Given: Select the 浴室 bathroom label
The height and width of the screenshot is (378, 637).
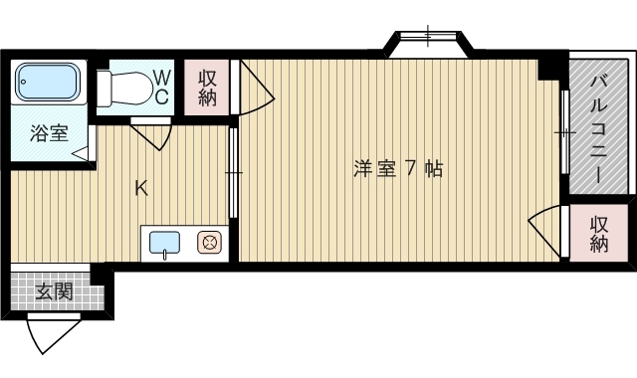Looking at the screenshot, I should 47,132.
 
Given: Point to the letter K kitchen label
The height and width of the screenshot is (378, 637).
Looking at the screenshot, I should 141,188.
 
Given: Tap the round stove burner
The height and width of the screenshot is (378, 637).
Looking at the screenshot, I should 210,242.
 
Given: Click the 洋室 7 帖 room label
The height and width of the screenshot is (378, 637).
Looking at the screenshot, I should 397,169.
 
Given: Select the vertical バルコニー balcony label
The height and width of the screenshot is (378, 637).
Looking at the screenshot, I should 599,125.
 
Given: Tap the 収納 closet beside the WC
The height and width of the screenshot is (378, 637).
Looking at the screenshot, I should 208,88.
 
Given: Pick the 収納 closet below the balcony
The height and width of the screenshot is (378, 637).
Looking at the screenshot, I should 598,234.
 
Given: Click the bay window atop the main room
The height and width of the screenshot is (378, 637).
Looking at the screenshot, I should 430,43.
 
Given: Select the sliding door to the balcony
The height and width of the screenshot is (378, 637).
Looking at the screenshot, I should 563,132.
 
